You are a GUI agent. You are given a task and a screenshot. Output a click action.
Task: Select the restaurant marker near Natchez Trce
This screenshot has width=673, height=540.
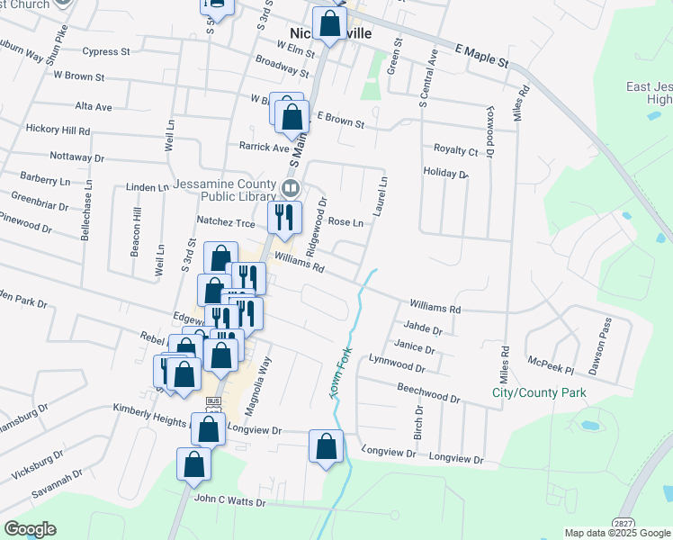coord(284,218)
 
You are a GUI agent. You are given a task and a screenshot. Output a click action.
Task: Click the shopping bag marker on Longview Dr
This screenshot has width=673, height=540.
coord(326,445)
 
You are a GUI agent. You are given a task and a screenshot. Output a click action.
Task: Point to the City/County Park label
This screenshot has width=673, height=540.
coord(539,392)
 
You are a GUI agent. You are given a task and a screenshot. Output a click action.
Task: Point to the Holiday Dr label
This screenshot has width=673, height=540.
coord(445,172)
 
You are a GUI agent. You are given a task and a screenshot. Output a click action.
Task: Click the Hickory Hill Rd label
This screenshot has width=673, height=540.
coord(58,130)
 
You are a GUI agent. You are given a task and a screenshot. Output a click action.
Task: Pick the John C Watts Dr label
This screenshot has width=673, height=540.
coord(230,501)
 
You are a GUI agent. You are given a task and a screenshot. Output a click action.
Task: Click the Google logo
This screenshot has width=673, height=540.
coord(30,529)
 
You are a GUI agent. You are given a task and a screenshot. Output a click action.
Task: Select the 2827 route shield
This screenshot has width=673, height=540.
coord(622,523)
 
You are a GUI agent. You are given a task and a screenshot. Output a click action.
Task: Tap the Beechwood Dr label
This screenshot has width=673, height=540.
coord(428,392)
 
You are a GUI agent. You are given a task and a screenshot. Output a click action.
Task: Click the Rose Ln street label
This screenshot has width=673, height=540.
coord(345,221)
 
